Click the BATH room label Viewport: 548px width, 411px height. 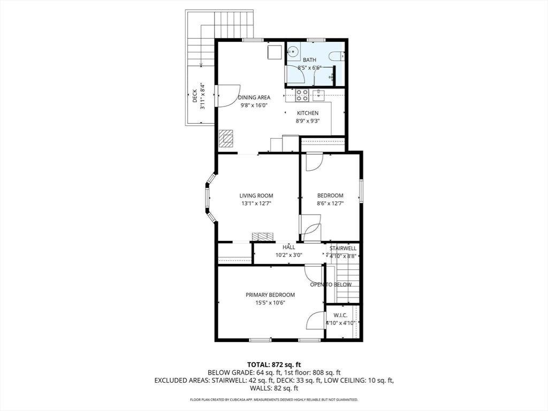(309, 60)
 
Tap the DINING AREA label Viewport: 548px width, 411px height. (254, 97)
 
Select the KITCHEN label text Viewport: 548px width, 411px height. (308, 113)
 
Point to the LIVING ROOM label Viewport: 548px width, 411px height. (256, 196)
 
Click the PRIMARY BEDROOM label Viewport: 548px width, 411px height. (270, 295)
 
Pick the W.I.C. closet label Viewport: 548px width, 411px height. (340, 315)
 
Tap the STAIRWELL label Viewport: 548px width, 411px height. (343, 248)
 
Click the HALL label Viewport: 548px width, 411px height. (288, 247)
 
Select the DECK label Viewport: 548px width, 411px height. (195, 96)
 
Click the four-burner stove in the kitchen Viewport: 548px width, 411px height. (302, 95)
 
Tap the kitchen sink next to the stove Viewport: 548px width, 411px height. (319, 95)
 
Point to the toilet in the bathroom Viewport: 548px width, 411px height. (338, 56)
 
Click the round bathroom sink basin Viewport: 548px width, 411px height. (293, 52)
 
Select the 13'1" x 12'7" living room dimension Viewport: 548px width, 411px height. (256, 203)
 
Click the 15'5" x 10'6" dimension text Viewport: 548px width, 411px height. (270, 303)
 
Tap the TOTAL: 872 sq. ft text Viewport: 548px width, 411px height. (274, 365)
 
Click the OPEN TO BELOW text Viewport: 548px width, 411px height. (331, 285)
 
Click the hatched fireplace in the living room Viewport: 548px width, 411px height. (263, 237)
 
